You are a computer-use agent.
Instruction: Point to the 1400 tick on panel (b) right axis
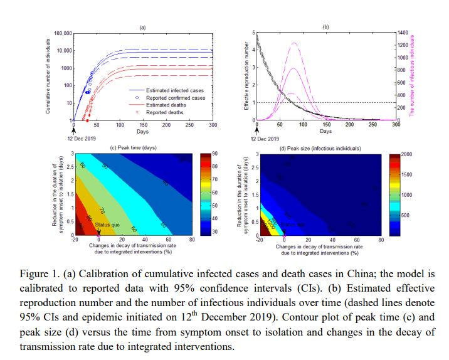point(403,32)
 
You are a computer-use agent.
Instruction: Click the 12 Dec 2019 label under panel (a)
point(74,137)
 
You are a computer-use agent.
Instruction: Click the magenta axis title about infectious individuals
point(412,75)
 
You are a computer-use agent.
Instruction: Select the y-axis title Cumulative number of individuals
point(48,75)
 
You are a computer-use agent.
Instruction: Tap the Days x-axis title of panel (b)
point(325,131)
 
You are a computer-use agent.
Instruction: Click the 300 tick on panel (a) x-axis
point(212,125)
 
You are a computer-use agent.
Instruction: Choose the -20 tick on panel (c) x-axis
point(75,240)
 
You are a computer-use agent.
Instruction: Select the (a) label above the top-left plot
point(142,28)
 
